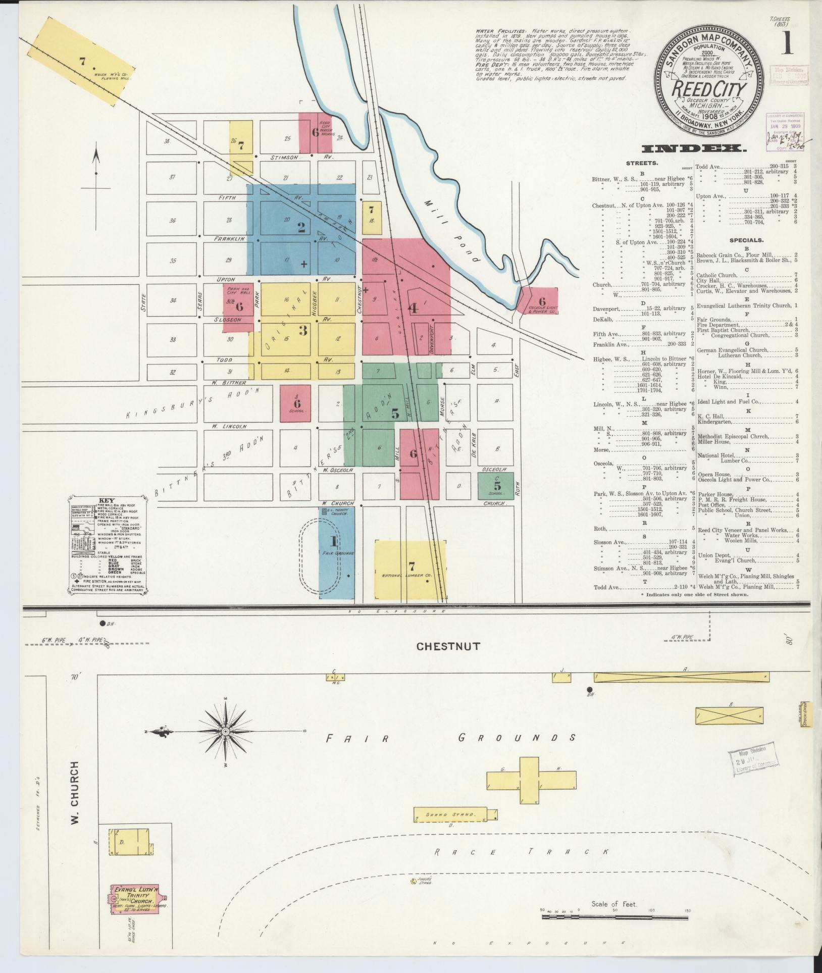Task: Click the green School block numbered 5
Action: coord(496,486)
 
